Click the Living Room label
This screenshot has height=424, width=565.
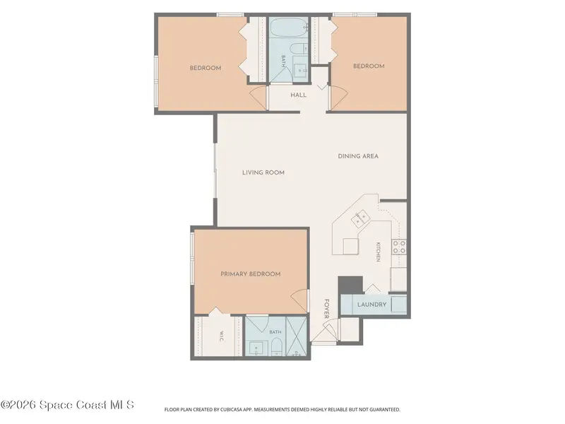[263, 172]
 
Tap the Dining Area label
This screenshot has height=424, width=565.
[358, 156]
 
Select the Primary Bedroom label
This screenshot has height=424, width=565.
[251, 274]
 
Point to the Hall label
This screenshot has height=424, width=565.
[298, 95]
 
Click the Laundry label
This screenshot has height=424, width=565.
[372, 305]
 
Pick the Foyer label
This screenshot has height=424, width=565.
[326, 309]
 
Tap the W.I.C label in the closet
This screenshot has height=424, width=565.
[222, 336]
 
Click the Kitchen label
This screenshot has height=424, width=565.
[378, 252]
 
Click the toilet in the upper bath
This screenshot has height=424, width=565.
[299, 49]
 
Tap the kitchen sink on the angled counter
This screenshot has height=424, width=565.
[360, 218]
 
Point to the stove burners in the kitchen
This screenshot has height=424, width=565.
[399, 247]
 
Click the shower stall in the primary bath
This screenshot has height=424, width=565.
[297, 336]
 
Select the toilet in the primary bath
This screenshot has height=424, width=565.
[276, 347]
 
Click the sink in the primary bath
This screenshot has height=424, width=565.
[256, 348]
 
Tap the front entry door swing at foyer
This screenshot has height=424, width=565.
[324, 331]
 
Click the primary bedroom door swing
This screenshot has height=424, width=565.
[299, 301]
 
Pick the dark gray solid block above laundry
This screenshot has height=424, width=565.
[350, 285]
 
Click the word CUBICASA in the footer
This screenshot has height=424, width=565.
[232, 410]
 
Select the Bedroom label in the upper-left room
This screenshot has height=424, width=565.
[206, 68]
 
